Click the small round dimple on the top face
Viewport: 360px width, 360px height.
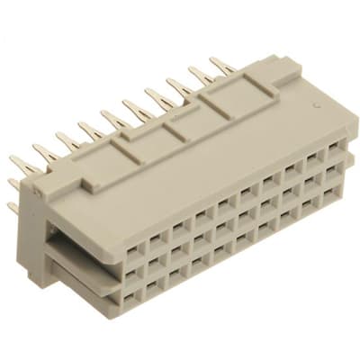(317, 108)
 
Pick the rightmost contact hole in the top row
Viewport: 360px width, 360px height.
(334, 147)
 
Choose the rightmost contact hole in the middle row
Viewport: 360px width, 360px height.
(332, 168)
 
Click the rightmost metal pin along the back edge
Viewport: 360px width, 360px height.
(221, 66)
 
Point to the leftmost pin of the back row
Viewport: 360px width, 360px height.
(25, 165)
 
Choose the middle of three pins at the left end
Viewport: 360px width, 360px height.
(13, 184)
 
